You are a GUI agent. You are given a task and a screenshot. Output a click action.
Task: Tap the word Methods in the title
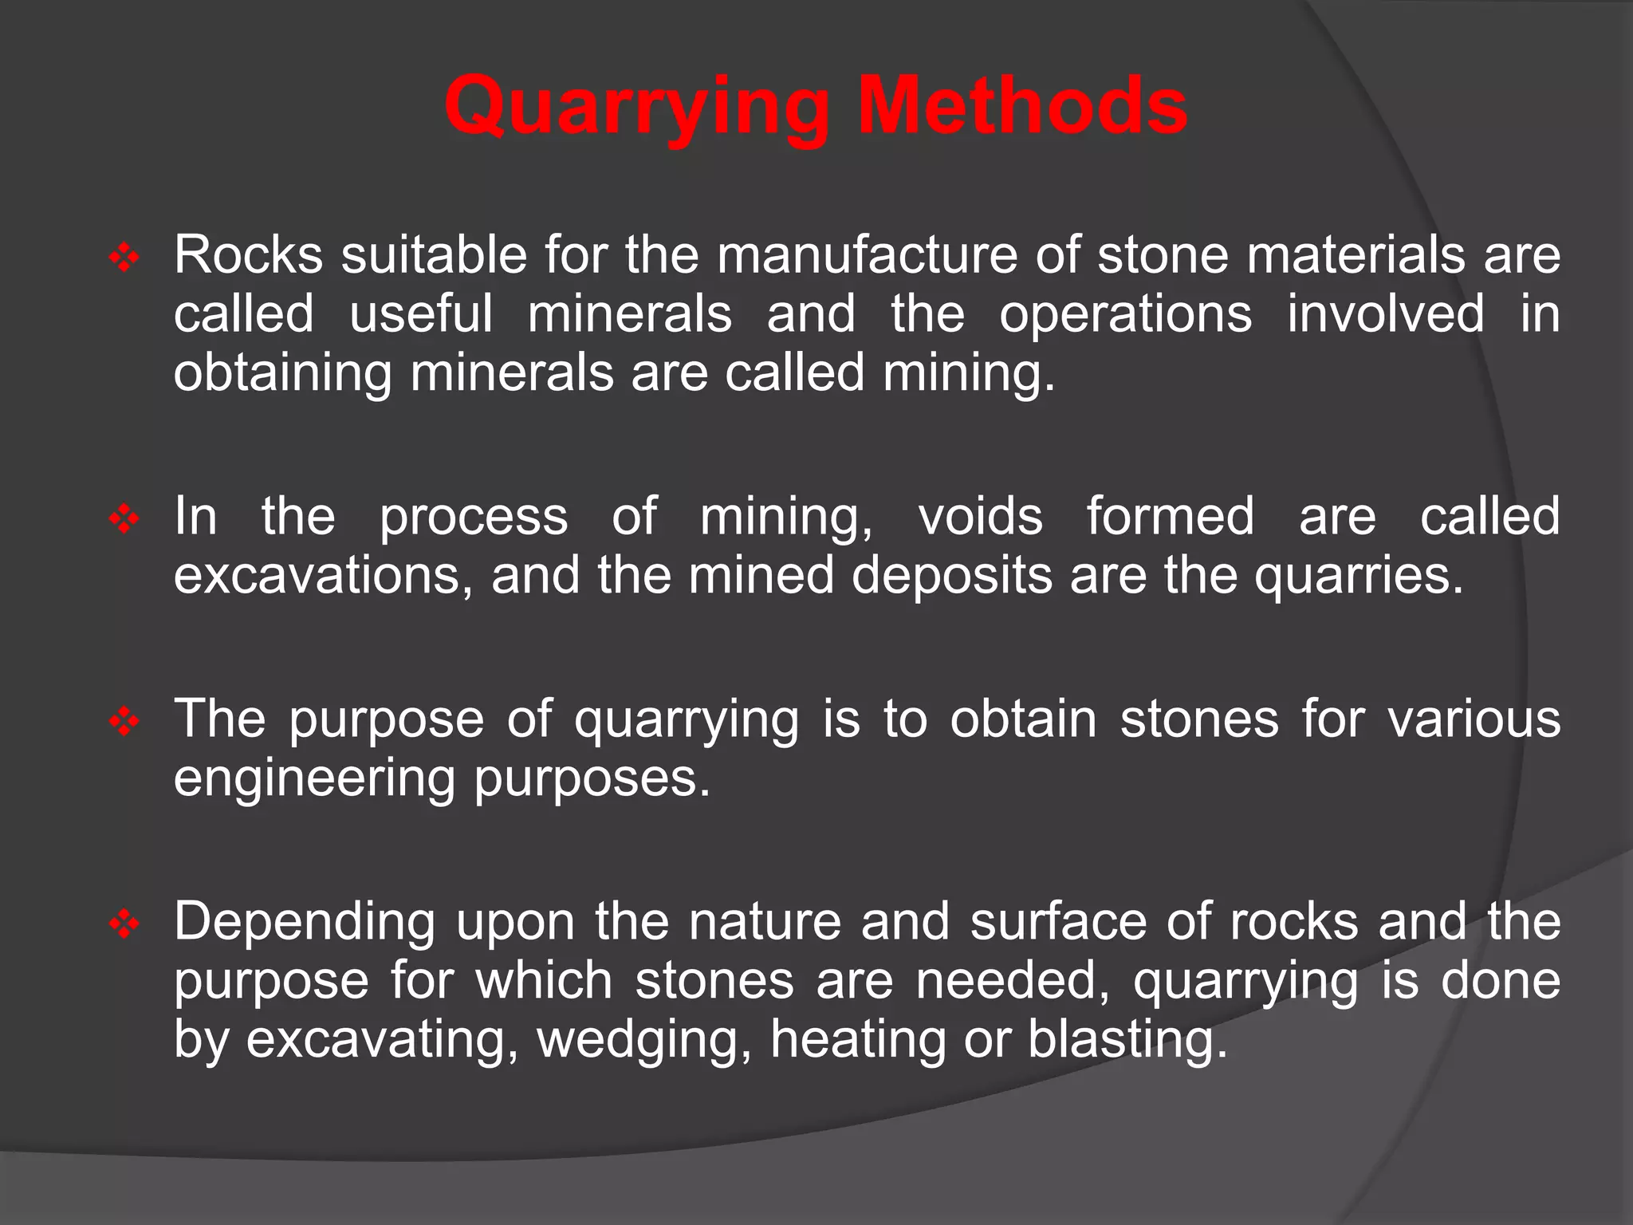1022,106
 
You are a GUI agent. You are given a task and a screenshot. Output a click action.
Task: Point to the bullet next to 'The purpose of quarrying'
124,723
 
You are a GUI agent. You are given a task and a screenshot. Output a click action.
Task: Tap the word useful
421,313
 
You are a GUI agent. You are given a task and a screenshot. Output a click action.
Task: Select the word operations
1125,313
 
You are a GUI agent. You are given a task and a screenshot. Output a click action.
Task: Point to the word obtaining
282,373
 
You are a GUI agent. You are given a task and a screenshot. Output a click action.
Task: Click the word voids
980,516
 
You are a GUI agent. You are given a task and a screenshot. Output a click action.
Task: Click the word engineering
314,779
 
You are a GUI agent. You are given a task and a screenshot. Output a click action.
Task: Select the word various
1474,719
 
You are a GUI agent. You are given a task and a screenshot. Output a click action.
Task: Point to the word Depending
305,923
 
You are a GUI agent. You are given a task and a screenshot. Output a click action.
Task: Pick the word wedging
644,1040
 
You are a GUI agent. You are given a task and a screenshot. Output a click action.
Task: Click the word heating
857,1040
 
